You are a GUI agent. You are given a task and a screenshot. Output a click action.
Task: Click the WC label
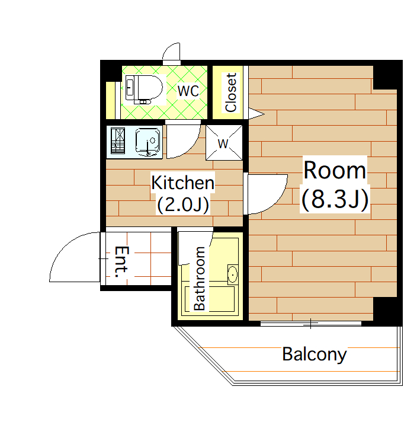[x=188, y=91]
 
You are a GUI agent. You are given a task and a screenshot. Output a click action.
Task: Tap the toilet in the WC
[x=143, y=90]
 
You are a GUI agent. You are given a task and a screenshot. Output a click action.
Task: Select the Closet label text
[x=231, y=92]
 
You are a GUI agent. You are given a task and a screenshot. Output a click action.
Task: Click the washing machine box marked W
[x=224, y=142]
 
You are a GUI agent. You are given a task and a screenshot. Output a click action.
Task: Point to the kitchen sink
[x=147, y=142]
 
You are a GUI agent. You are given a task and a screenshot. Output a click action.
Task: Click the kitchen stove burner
[x=118, y=141]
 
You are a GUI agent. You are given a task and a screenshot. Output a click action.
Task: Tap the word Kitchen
[x=182, y=183]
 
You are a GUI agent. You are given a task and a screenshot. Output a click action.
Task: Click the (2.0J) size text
[x=183, y=204]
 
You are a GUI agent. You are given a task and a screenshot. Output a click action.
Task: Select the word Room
[x=335, y=170]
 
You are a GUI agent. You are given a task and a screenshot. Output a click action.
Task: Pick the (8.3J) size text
[x=335, y=199]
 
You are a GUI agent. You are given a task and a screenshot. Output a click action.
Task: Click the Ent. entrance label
[x=121, y=262]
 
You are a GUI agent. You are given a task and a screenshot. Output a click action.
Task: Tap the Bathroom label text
[x=200, y=279]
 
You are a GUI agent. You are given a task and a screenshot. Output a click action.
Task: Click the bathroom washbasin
[x=233, y=274]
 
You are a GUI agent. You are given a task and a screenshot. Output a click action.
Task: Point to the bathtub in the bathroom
[x=210, y=299]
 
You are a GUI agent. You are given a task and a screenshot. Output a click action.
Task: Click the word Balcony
[x=314, y=354]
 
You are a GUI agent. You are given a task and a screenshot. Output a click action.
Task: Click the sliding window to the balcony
[x=311, y=324]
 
